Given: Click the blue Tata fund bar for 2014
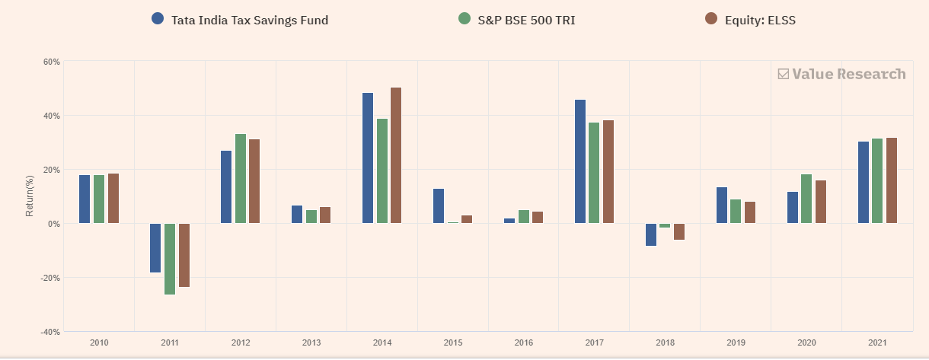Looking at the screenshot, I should click(368, 158).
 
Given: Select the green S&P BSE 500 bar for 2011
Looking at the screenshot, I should click(170, 259).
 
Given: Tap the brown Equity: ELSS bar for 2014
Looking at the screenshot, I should click(396, 155).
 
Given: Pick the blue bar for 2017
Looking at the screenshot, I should click(580, 161).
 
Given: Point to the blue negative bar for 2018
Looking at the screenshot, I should click(651, 234).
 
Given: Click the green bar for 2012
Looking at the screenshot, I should click(241, 178).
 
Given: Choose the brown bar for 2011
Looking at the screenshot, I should click(184, 255).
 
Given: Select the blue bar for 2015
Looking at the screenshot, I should click(439, 205).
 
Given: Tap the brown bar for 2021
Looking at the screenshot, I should click(892, 180).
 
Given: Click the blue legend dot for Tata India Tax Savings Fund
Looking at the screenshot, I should click(158, 19).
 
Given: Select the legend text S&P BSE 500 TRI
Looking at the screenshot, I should click(526, 20).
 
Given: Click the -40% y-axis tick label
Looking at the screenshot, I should click(50, 332).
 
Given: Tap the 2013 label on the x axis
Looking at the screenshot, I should click(311, 343).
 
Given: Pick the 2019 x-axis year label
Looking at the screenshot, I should click(736, 343).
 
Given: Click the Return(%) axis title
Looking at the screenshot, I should click(30, 196).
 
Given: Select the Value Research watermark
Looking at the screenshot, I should click(841, 74).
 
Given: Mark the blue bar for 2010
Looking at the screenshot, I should click(85, 199).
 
